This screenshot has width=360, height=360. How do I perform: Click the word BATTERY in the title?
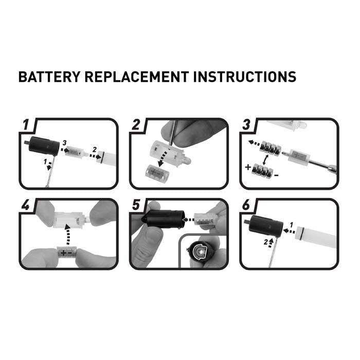pos(49,77)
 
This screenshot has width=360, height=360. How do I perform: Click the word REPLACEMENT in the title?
pos(137,77)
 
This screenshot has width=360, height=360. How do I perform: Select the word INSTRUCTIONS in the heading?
pos(245,77)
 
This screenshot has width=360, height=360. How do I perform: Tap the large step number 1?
pos(26,124)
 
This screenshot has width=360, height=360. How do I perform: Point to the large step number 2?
pos(136,124)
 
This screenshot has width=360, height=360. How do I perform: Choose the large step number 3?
pos(246,124)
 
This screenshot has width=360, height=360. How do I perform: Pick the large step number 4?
pos(26,205)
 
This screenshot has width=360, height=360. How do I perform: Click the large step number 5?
pos(136,205)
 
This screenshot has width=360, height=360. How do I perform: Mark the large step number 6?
pos(246,205)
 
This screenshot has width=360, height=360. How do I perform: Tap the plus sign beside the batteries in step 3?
pos(248,167)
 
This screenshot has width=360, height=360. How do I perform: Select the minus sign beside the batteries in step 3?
pos(277,176)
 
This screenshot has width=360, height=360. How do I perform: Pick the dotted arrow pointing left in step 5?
pos(188,220)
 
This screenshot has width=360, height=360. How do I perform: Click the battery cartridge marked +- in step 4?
pos(66,254)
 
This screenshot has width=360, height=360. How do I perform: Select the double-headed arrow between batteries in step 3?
pos(266,160)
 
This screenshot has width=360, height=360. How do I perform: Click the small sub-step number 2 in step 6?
pos(266,242)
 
